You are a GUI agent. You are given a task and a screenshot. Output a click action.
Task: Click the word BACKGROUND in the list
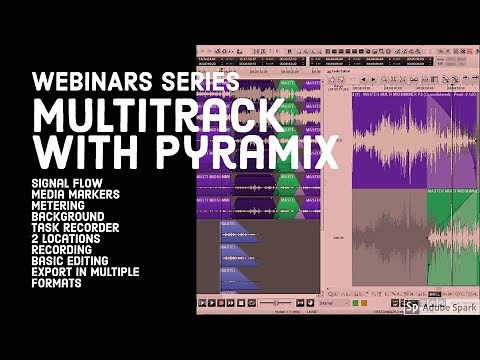point(68,217)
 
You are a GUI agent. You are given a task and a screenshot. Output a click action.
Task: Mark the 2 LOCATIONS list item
point(72,239)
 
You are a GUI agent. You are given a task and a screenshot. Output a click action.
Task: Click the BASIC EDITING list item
point(80,261)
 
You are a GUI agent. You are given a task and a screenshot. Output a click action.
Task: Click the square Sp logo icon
point(412,308)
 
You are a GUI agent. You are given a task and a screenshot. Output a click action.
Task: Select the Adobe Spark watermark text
point(447,308)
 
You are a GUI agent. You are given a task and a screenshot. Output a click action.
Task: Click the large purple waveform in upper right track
point(400,140)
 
